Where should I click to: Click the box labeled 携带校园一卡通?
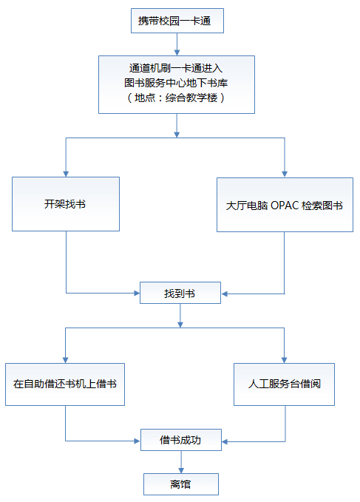(x=177, y=21)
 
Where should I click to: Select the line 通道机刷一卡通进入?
(x=176, y=68)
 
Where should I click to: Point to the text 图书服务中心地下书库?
(x=176, y=83)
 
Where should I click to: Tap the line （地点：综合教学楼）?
(x=176, y=98)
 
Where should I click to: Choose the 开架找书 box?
(x=66, y=204)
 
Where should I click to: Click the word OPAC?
(x=285, y=206)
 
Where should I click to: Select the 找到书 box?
(x=180, y=293)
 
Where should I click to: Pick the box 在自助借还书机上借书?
(x=65, y=384)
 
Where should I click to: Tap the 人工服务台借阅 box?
(x=284, y=384)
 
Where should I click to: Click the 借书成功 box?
(x=181, y=440)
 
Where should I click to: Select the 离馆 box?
(x=181, y=484)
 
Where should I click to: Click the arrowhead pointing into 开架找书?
(x=66, y=174)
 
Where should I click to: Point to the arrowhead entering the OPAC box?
(x=285, y=174)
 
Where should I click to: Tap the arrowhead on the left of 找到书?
(x=137, y=293)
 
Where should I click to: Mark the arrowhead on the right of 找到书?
(x=224, y=294)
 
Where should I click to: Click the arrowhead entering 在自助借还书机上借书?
(x=66, y=360)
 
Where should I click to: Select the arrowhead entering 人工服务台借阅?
(x=284, y=360)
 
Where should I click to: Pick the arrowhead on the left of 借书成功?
(x=137, y=441)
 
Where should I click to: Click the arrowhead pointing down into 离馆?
(x=181, y=470)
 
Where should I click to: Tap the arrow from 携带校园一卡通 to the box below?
(x=177, y=44)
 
